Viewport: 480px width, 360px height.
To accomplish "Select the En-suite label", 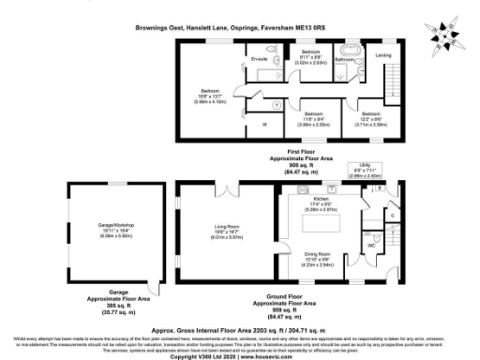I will tap(260, 59).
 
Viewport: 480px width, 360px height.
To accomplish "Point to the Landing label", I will tap(384, 55).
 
